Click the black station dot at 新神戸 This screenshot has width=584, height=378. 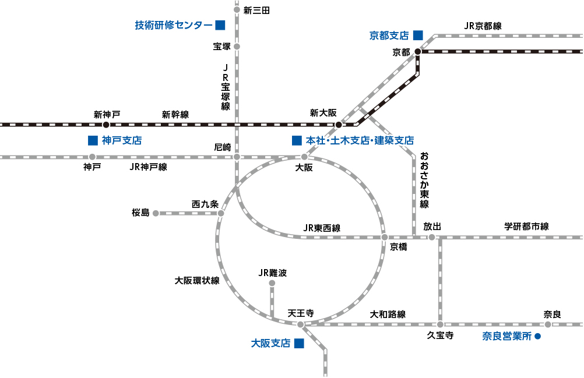(x=106, y=125)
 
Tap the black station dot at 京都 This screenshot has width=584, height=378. (x=418, y=51)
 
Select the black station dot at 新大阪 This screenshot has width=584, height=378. (x=339, y=125)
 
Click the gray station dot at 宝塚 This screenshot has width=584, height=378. (x=237, y=47)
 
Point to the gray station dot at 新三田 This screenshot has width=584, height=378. (x=237, y=10)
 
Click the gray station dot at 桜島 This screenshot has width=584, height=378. (x=156, y=213)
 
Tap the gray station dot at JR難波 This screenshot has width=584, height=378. (x=272, y=283)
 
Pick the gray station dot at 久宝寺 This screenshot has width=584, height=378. (x=440, y=324)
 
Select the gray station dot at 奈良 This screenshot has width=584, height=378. (x=548, y=324)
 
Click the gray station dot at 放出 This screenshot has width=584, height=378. (x=432, y=237)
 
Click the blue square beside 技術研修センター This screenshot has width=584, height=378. (x=220, y=25)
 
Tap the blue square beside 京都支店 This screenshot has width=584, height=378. (x=418, y=35)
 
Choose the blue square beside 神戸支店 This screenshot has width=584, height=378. (x=93, y=140)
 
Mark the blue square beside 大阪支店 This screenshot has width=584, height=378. (x=299, y=343)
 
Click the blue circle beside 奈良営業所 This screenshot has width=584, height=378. (x=537, y=336)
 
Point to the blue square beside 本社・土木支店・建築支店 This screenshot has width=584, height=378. (x=297, y=140)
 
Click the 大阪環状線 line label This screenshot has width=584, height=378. (x=197, y=281)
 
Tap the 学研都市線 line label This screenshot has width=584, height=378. (x=527, y=226)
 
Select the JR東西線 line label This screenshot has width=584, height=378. (x=322, y=228)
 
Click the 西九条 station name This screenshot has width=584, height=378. (x=205, y=204)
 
